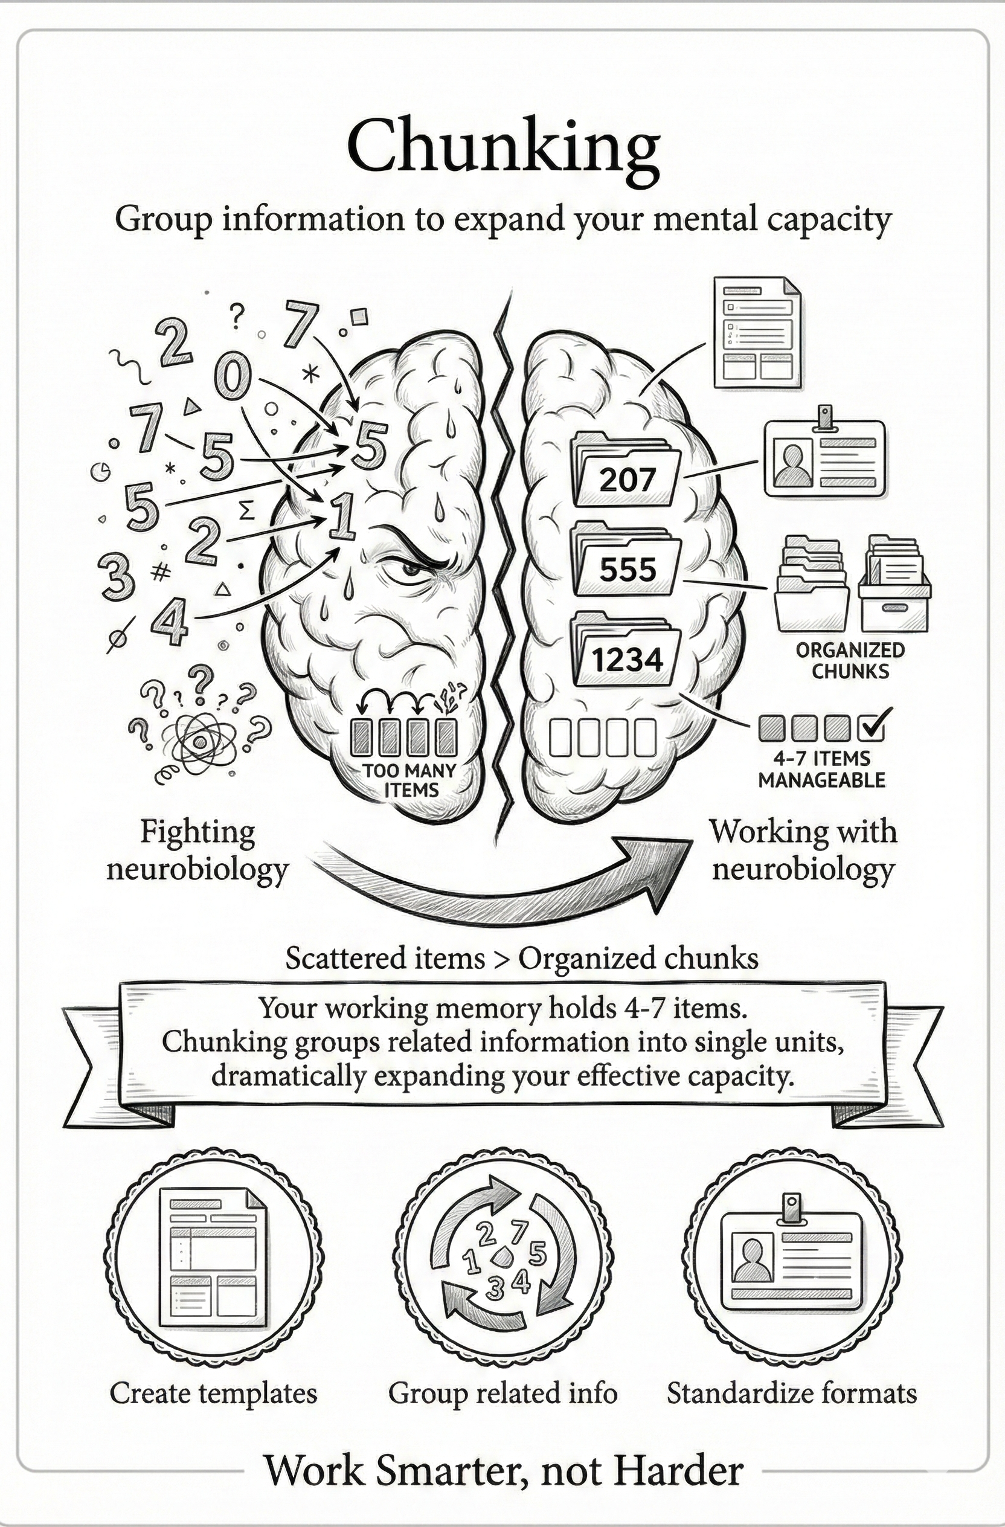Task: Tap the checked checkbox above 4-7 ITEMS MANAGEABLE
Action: pos(872,727)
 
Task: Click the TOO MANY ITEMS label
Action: pos(411,780)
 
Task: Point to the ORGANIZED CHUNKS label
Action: pos(850,660)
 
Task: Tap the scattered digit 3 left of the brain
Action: pos(116,575)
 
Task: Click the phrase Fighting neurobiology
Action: pos(197,850)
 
